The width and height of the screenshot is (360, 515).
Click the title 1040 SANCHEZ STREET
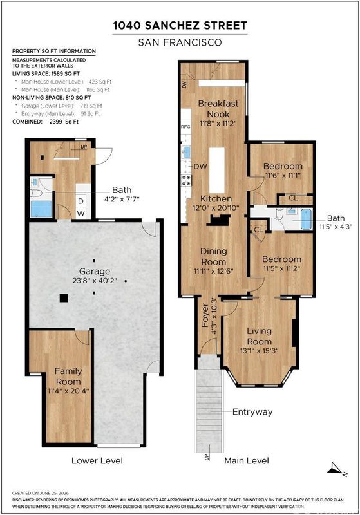(x=180, y=26)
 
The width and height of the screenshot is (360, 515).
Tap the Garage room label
(x=95, y=271)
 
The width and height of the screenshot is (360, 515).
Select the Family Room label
(x=68, y=377)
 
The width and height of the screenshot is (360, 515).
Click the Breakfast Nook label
(x=218, y=109)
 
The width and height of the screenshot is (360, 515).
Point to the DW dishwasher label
(x=200, y=167)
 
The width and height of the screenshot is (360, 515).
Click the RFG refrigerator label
(x=186, y=127)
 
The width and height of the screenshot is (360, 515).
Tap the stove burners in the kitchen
(x=187, y=181)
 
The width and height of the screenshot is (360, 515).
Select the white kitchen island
(x=217, y=170)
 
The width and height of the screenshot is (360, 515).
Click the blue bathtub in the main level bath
(x=306, y=219)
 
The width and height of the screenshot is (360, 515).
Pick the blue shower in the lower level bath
(x=41, y=209)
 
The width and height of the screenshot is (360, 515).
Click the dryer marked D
(x=81, y=201)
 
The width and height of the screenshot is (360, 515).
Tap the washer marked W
(x=81, y=213)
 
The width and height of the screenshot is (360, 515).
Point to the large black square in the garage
(x=64, y=298)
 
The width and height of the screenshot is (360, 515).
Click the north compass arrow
(x=337, y=469)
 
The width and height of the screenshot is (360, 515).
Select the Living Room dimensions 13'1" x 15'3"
(x=259, y=351)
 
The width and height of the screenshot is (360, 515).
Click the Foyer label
(x=205, y=315)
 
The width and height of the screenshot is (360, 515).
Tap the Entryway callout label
(x=252, y=411)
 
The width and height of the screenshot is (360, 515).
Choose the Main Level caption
(x=247, y=460)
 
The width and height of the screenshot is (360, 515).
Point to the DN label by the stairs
(x=184, y=85)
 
